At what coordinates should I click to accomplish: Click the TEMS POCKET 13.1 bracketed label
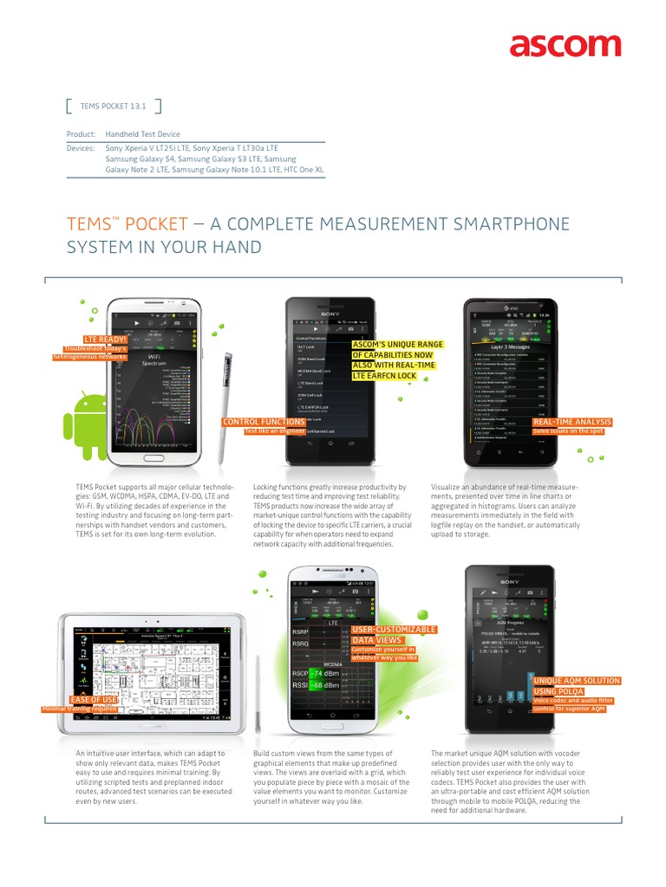point(114,107)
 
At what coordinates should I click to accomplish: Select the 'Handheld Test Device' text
point(143,134)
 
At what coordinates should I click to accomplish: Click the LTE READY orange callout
point(104,340)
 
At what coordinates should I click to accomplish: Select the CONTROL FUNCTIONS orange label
point(263,422)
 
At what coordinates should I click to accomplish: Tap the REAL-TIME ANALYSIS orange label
point(571,422)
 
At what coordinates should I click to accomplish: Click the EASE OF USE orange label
point(93,699)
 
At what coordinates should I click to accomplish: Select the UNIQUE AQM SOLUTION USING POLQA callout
point(577,686)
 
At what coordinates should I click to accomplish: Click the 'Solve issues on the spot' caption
point(568,431)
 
